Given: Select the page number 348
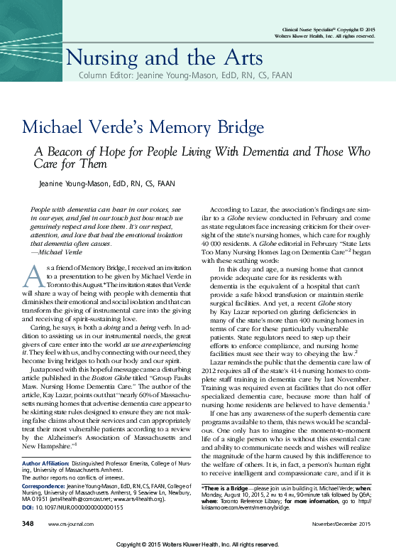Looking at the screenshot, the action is [x=28, y=523].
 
